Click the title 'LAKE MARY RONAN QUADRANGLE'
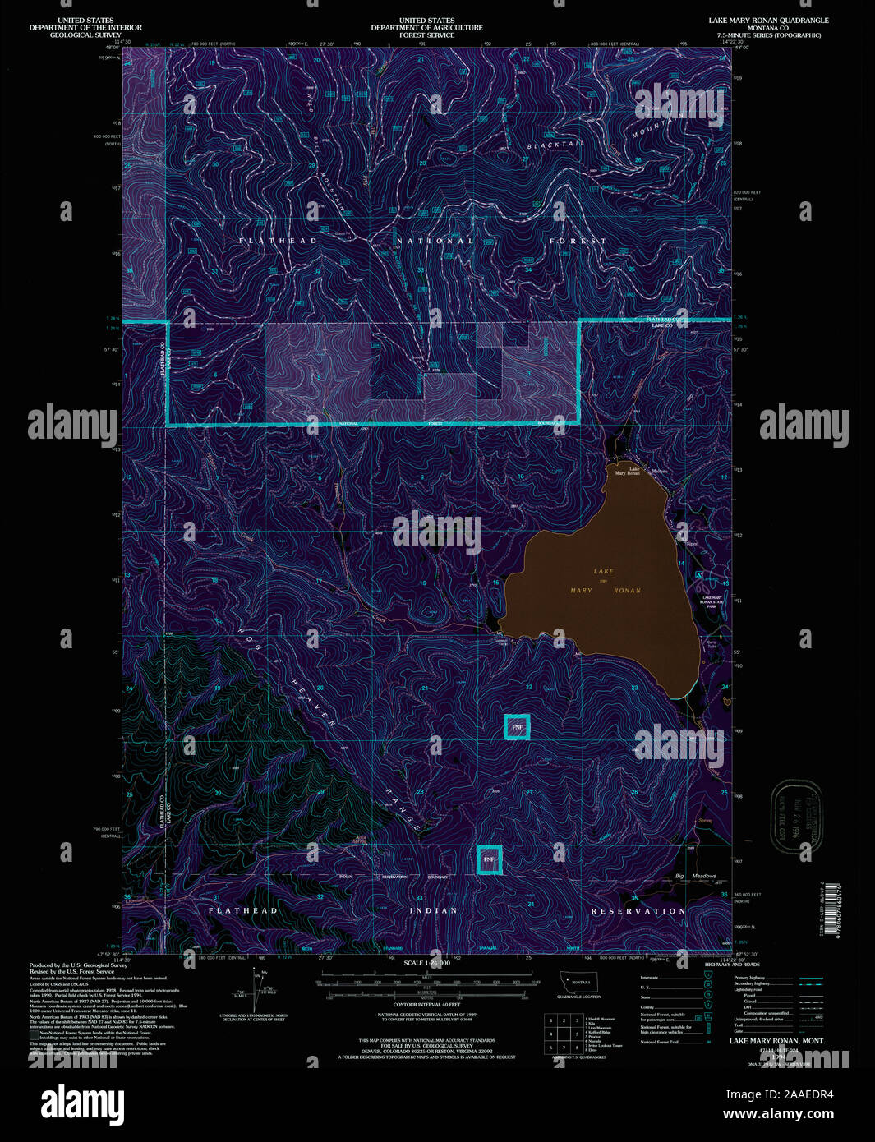[x=768, y=21]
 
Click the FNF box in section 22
[x=517, y=727]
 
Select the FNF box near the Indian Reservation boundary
[x=490, y=859]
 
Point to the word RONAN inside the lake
[x=626, y=591]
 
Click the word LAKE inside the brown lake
[x=603, y=571]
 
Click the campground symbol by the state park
[x=698, y=575]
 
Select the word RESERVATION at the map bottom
[x=638, y=911]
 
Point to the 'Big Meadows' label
[x=695, y=876]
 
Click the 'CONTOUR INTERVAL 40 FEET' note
[x=426, y=1004]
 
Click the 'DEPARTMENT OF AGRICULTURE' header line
[x=426, y=28]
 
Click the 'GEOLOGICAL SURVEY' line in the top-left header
[x=85, y=35]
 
